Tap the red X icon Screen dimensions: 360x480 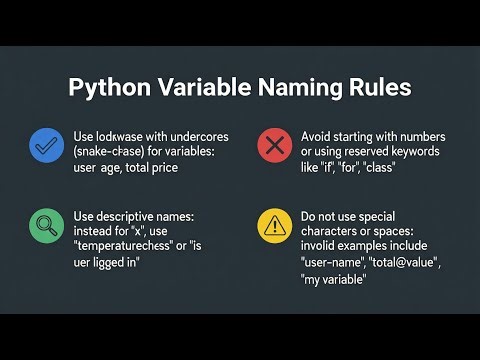pyautogui.click(x=273, y=146)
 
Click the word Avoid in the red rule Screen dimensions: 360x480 pyautogui.click(x=318, y=135)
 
